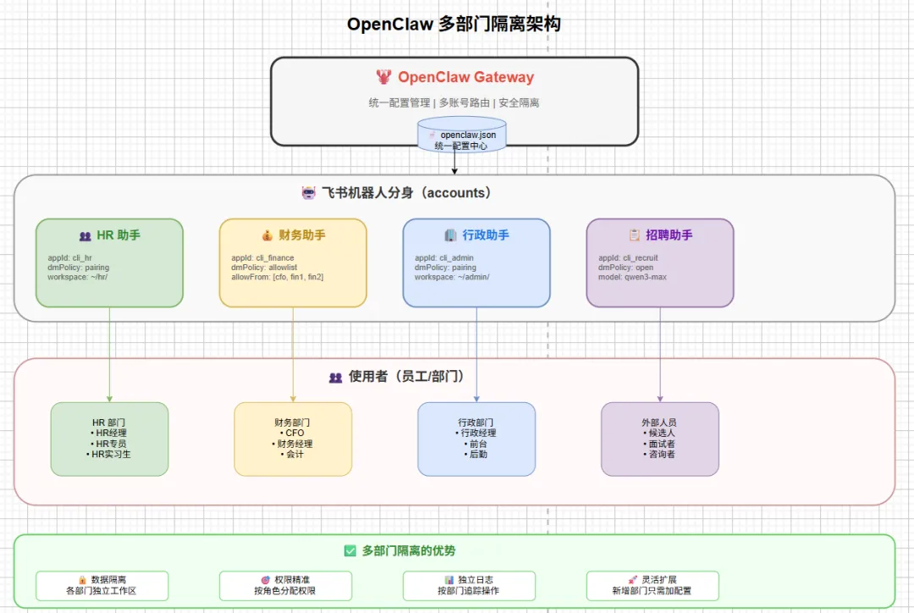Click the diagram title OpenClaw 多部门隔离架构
click(454, 24)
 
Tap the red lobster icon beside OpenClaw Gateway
click(384, 77)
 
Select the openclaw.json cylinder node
click(461, 136)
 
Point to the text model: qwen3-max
click(632, 277)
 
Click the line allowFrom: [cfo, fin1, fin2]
click(278, 277)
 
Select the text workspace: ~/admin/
click(452, 277)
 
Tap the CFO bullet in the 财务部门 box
click(293, 433)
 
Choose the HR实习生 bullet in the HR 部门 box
click(110, 454)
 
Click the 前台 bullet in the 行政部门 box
click(476, 444)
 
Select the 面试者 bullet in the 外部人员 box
click(660, 444)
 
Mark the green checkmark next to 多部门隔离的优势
click(350, 551)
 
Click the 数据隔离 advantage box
click(102, 585)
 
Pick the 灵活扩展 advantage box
click(652, 585)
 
